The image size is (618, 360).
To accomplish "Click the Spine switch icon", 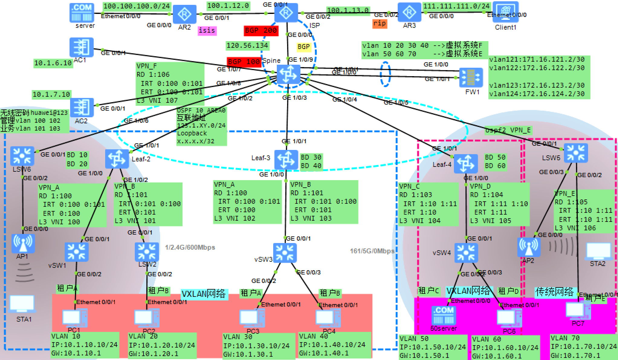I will click(288, 74).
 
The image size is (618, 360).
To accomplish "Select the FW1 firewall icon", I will click(471, 78).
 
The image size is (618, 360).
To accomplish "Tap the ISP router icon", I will click(286, 13).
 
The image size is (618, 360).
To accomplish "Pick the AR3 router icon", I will click(409, 12).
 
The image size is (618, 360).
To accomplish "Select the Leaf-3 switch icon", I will click(286, 159).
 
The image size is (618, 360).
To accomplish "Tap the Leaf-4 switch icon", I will click(465, 164).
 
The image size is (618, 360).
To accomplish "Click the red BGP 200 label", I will click(261, 31).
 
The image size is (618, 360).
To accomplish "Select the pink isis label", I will click(207, 31).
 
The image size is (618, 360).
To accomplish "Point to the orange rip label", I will click(380, 24).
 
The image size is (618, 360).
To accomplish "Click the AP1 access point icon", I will click(23, 244).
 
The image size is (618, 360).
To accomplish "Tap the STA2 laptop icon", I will click(598, 251).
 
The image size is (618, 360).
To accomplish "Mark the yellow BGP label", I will click(303, 47).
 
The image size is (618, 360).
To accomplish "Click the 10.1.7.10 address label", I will click(51, 95).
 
